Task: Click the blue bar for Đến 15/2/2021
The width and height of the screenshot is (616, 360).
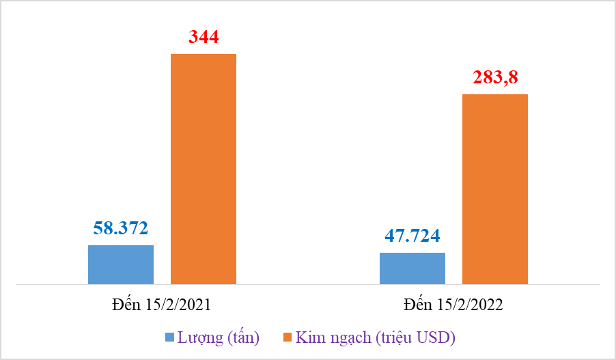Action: pos(121,264)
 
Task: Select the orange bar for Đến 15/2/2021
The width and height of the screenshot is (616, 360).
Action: pos(204,169)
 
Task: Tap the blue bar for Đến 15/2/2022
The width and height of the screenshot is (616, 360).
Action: pos(412,268)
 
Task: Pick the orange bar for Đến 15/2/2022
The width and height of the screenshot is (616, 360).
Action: pos(495,189)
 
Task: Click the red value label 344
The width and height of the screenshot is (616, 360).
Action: pos(204,37)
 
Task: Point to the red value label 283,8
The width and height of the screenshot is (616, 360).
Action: pos(495,77)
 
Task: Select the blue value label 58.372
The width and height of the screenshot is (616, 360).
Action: pos(121,228)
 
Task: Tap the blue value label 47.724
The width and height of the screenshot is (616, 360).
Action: pos(412,236)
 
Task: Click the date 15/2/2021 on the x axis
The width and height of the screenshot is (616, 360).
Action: pos(177,305)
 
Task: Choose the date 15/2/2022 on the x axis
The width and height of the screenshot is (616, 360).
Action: pos(468,305)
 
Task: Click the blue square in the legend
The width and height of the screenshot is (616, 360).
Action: pos(169,337)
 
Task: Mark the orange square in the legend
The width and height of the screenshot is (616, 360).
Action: pos(287,337)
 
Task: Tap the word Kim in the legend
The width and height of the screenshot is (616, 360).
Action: pos(309,337)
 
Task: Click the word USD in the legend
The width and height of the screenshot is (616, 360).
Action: pos(436,337)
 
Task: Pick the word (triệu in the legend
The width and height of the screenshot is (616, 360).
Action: pos(394,337)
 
